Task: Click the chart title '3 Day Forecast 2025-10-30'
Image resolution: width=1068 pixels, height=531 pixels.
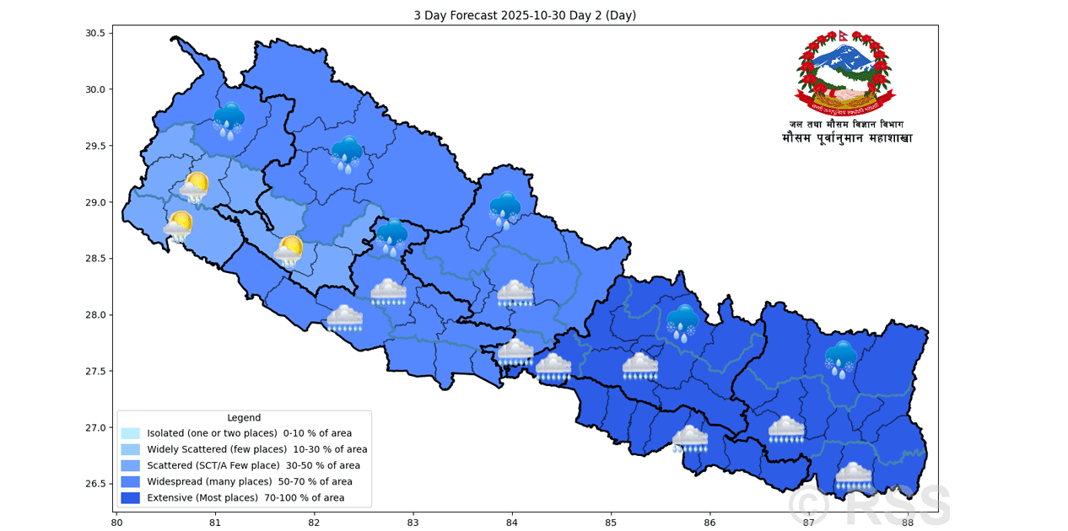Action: [524, 15]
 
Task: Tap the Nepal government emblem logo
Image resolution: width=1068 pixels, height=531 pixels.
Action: [846, 73]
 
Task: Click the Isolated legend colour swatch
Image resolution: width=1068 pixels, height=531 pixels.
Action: [130, 433]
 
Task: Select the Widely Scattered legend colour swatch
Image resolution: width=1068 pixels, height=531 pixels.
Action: [130, 449]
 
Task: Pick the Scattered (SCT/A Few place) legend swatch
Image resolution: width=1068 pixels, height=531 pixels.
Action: [130, 465]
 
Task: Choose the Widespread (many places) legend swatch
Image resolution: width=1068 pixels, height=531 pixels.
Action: [130, 481]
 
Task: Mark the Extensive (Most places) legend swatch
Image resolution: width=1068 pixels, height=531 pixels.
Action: [130, 498]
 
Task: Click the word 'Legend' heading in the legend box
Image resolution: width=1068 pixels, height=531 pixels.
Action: [244, 417]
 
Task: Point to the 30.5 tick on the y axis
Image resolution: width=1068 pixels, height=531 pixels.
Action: [94, 33]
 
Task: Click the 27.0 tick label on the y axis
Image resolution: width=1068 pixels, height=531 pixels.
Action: [94, 427]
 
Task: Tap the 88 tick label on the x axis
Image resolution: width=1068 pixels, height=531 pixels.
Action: [908, 522]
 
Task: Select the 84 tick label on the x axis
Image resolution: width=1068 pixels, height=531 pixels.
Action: [512, 522]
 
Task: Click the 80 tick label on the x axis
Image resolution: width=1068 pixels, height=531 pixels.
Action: [117, 522]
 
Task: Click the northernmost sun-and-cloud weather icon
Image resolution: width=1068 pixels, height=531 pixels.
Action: [194, 187]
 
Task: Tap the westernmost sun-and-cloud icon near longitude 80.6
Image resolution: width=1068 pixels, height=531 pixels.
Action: [178, 226]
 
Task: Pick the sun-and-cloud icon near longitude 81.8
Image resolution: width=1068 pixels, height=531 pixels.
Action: [289, 250]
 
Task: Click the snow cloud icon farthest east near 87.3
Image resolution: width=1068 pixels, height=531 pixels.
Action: [840, 357]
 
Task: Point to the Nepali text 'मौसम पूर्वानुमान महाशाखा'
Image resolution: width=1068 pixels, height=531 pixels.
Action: [846, 138]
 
